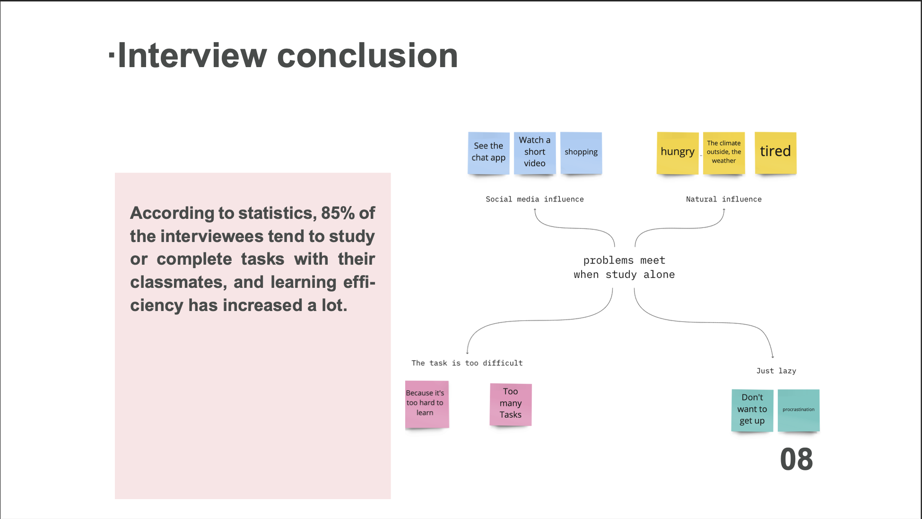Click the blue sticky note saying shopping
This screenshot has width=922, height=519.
click(x=581, y=152)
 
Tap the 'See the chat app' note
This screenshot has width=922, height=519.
click(x=488, y=152)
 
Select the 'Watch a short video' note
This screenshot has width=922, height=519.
click(x=534, y=152)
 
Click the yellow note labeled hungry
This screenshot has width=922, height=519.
click(x=677, y=152)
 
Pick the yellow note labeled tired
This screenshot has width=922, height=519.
click(x=775, y=152)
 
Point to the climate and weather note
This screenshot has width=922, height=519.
click(x=723, y=152)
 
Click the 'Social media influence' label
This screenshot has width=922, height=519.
click(x=534, y=199)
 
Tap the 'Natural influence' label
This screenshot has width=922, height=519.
click(x=723, y=199)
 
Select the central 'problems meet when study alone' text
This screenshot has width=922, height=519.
click(x=624, y=268)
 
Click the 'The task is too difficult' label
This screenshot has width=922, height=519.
click(x=467, y=363)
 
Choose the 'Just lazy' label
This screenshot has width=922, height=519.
click(x=776, y=371)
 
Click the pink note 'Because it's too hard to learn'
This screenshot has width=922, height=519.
click(x=426, y=404)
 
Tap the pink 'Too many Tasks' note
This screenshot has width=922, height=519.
click(x=511, y=404)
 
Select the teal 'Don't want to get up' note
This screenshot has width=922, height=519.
click(x=752, y=409)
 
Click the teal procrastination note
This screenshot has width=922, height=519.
click(x=798, y=409)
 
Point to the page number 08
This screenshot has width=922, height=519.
click(x=796, y=459)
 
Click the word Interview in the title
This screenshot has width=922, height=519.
click(x=192, y=56)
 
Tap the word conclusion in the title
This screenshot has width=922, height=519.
click(x=367, y=56)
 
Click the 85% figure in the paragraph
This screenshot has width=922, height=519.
click(x=338, y=213)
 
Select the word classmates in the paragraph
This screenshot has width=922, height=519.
click(x=176, y=283)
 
